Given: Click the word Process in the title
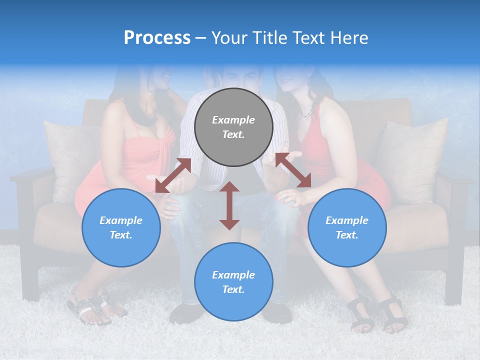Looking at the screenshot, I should point(157,38).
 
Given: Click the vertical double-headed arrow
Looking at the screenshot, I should point(229,205).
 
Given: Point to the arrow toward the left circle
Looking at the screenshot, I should point(173,175).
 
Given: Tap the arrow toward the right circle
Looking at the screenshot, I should point(293,170).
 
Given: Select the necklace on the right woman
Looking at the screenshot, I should point(306,114).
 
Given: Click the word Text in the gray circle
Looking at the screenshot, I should point(233,134).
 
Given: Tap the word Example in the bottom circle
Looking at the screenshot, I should point(233,275).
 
